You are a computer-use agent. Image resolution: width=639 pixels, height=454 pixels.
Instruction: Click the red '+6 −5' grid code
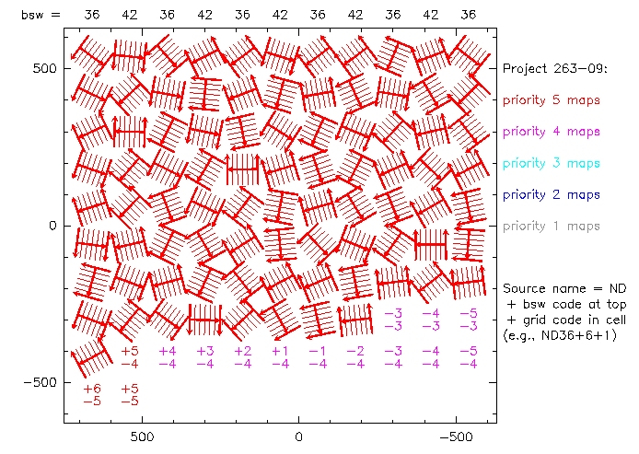coord(92,394)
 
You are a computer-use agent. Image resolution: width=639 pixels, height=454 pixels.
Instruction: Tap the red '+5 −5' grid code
coord(130,394)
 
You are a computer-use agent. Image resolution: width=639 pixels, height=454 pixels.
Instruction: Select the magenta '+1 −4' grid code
coord(280,357)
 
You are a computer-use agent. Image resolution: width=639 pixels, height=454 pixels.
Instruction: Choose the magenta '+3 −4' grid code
coord(204,357)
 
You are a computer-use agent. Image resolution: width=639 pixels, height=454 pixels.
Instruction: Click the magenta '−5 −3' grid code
coord(469,320)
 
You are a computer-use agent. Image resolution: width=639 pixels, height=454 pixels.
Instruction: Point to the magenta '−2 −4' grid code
coord(355,357)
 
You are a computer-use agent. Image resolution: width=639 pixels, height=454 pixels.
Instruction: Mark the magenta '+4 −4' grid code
coord(168,357)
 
